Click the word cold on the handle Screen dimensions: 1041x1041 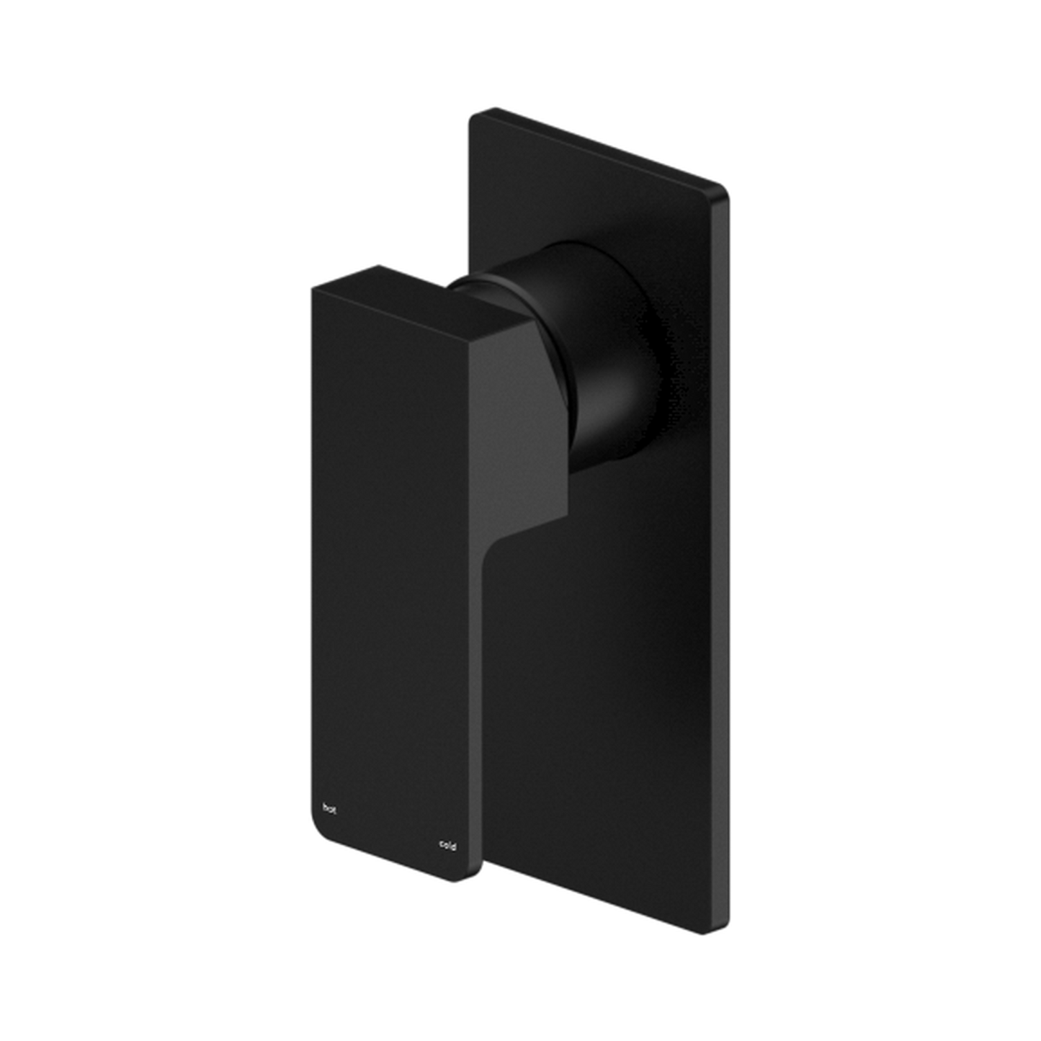(447, 845)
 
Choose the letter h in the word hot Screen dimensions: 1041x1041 (325, 806)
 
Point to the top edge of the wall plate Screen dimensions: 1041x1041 (598, 148)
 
